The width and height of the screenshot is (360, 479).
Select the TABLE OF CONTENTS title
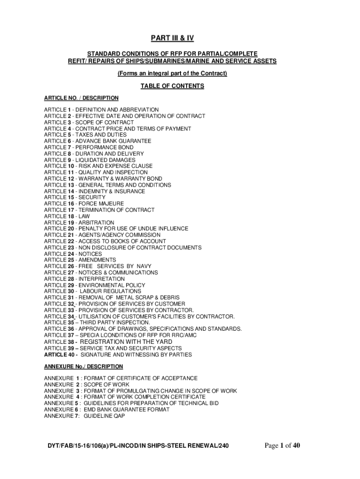pyautogui.click(x=173, y=86)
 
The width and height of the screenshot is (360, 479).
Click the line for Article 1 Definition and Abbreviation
pyautogui.click(x=101, y=109)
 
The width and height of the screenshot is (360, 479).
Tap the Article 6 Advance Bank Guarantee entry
pyautogui.click(x=98, y=141)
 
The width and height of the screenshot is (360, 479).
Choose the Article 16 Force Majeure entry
pyautogui.click(x=84, y=204)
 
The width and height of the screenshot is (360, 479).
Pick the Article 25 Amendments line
pyautogui.click(x=80, y=260)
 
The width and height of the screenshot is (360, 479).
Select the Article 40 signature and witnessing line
pyautogui.click(x=118, y=355)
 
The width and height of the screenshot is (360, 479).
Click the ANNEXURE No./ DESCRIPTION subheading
pyautogui.click(x=84, y=366)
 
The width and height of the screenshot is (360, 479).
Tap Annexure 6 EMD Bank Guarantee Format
pyautogui.click(x=107, y=409)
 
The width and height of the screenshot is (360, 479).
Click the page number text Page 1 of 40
pyautogui.click(x=282, y=446)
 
